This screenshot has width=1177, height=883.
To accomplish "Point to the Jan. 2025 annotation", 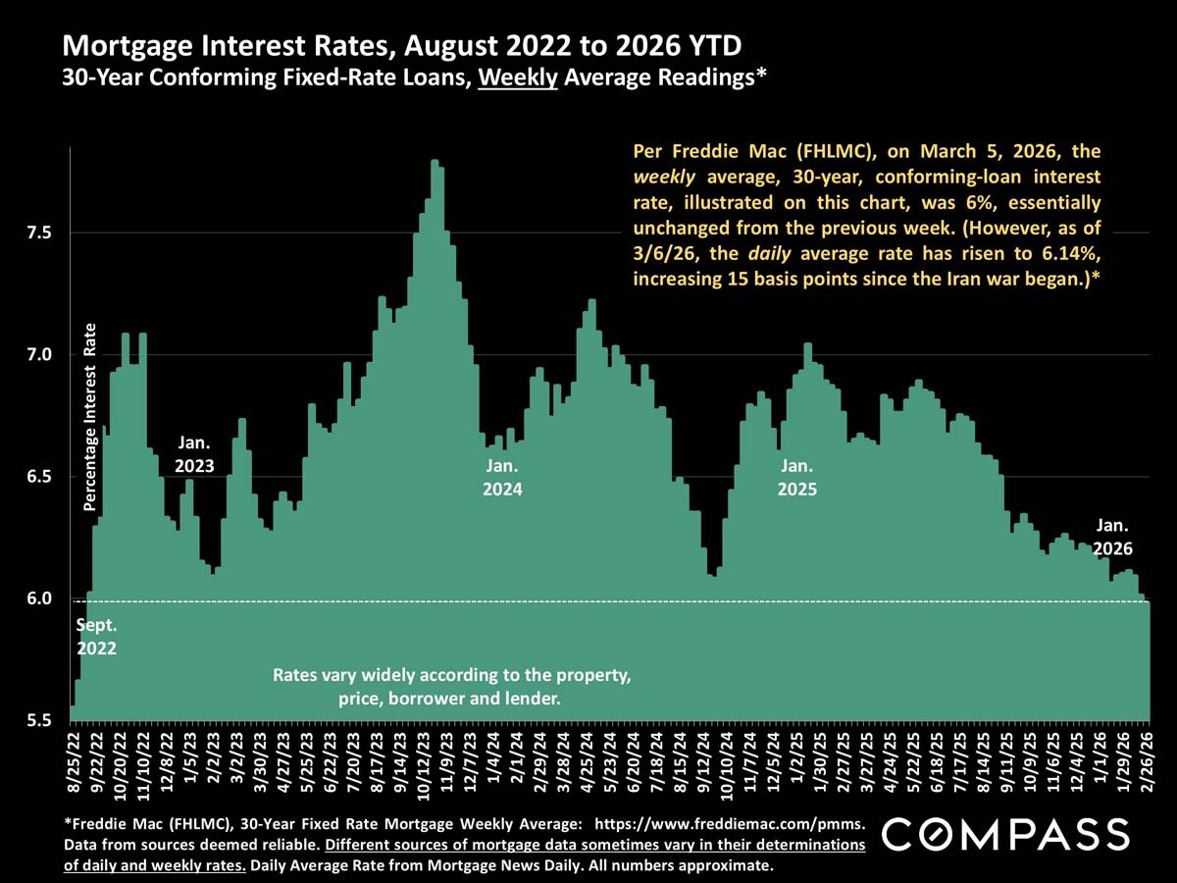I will point(796,478).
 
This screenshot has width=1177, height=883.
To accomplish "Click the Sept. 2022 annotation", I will point(98,636).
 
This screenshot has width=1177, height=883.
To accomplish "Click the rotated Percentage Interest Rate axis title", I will point(89,416).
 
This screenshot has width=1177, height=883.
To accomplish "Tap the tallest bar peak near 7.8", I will point(435,162).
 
